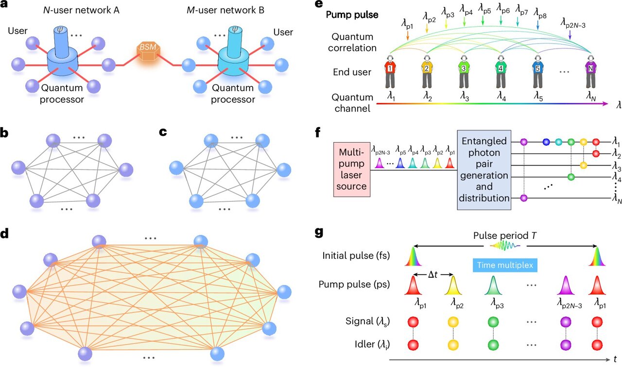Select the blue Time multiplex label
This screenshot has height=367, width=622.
point(505,266)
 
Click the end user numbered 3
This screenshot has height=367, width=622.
point(463,71)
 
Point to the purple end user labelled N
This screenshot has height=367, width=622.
point(591,71)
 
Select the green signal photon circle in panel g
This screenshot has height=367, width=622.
point(493,322)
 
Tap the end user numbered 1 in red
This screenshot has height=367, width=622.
point(390,71)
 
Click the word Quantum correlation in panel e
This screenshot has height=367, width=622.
point(353,42)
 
